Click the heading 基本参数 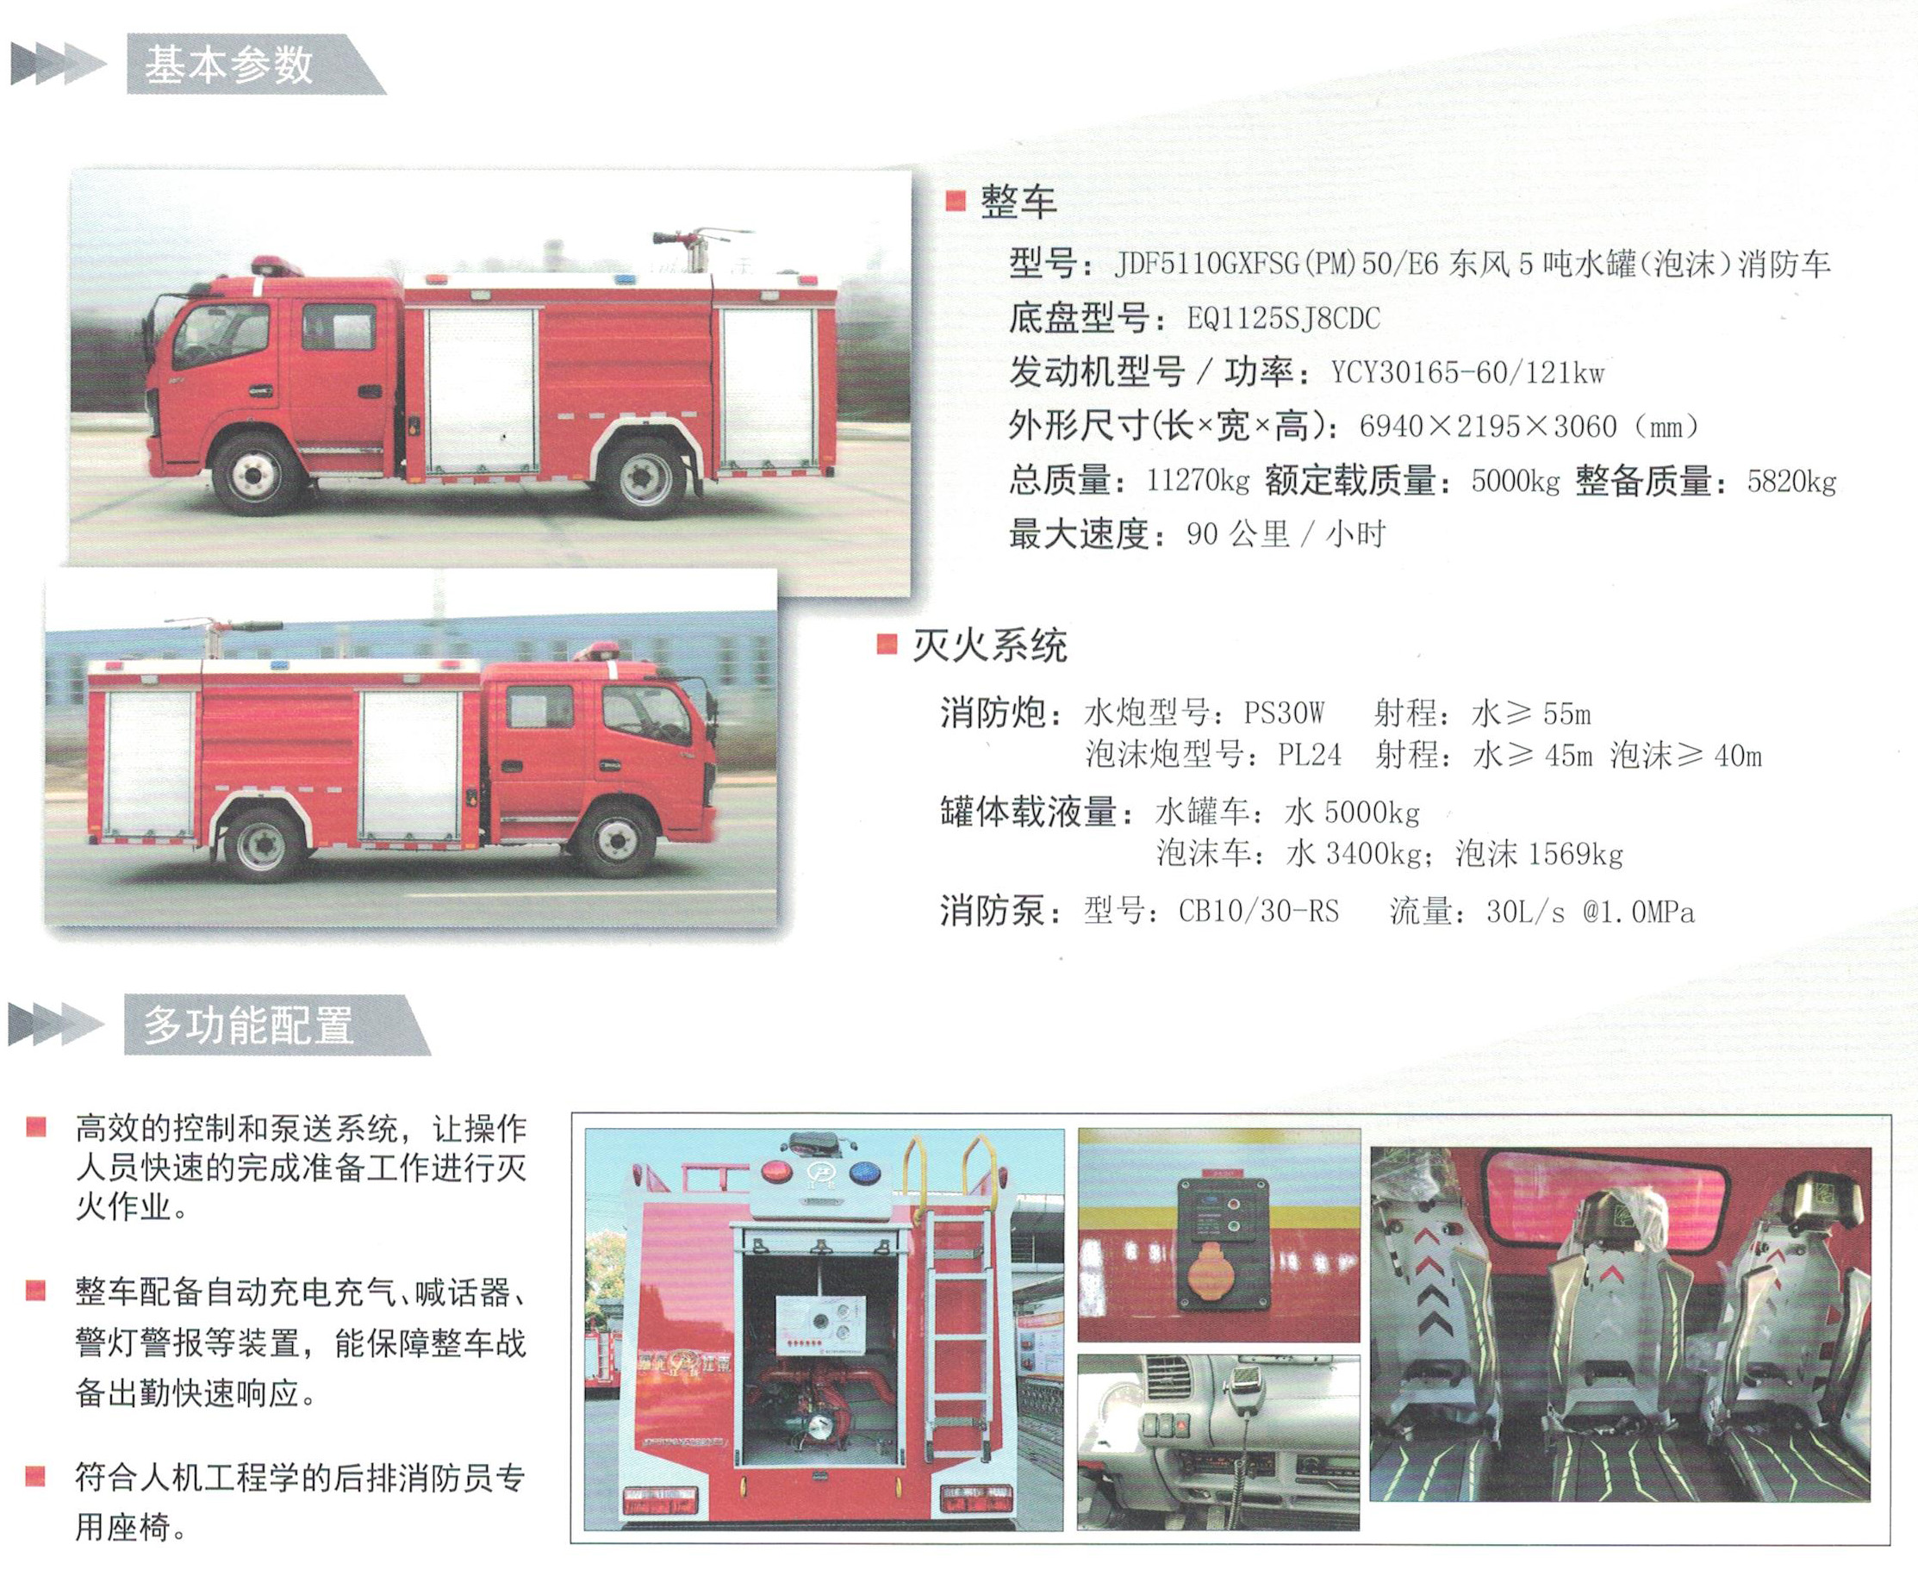[228, 65]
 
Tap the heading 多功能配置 [248, 1026]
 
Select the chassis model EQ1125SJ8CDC [1283, 319]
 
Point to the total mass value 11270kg [1198, 480]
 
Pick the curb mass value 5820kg [1791, 481]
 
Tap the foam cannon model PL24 [1310, 755]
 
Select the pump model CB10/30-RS [1258, 912]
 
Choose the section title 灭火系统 [989, 646]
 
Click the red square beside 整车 [955, 201]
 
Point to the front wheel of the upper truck [255, 475]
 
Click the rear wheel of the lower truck [265, 844]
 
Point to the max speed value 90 [1202, 535]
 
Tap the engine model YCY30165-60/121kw [1467, 373]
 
